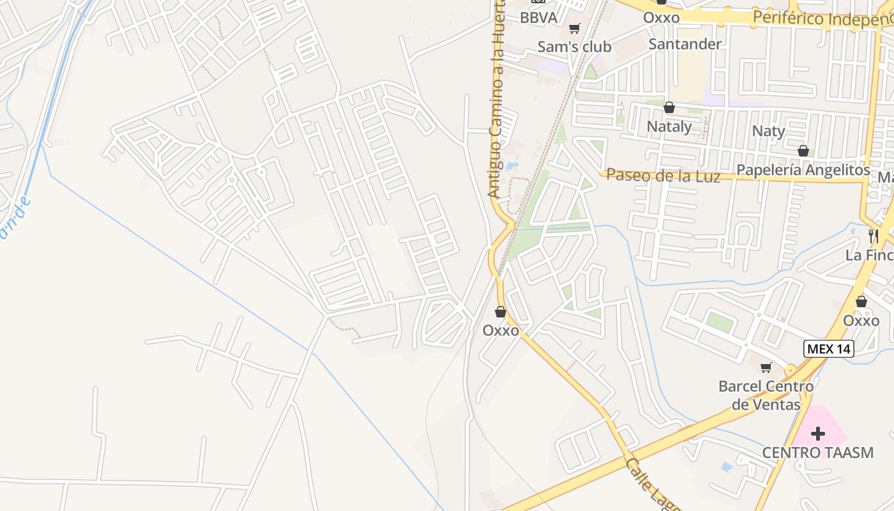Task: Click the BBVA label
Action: [x=538, y=18]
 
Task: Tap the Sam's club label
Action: [x=574, y=47]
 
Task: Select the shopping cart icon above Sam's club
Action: [x=574, y=28]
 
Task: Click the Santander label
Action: [x=685, y=44]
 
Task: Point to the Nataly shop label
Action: [x=669, y=126]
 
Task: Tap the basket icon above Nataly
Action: [x=669, y=107]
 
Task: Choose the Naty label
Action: [x=768, y=132]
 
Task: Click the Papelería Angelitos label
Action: [x=803, y=171]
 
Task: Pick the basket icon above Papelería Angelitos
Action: [x=803, y=151]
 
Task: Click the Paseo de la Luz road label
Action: [x=663, y=176]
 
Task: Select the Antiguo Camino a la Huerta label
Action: [x=496, y=99]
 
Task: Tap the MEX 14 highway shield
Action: [x=828, y=349]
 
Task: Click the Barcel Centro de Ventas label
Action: [x=766, y=395]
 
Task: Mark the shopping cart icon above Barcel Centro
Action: [x=766, y=367]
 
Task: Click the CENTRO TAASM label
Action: [x=817, y=453]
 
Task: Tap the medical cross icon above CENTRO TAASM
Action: [x=817, y=434]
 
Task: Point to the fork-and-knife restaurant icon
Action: [x=873, y=236]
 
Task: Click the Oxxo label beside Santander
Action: [x=661, y=18]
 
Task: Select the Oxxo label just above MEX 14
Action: [x=861, y=321]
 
